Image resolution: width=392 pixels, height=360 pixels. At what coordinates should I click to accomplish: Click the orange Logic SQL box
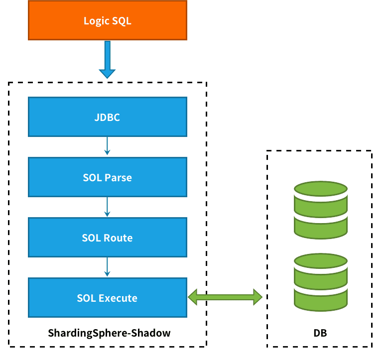[x=108, y=20]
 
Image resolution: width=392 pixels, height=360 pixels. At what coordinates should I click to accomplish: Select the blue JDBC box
[x=108, y=117]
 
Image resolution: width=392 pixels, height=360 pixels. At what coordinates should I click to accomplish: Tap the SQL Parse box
[x=108, y=177]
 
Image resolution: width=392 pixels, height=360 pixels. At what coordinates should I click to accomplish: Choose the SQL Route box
[x=108, y=238]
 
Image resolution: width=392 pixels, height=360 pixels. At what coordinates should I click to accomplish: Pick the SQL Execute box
[x=108, y=298]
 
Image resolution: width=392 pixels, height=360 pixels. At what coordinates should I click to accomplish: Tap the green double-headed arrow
[x=225, y=297]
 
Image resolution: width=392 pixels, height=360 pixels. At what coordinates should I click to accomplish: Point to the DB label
[x=320, y=333]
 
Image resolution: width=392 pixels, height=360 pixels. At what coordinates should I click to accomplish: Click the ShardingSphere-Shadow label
[x=109, y=333]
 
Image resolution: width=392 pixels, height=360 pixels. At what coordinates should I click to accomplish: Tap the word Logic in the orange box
[x=95, y=21]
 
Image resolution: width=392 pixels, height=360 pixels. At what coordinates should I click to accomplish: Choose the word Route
[x=119, y=238]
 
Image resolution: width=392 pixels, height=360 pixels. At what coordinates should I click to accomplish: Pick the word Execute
[x=118, y=298]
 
